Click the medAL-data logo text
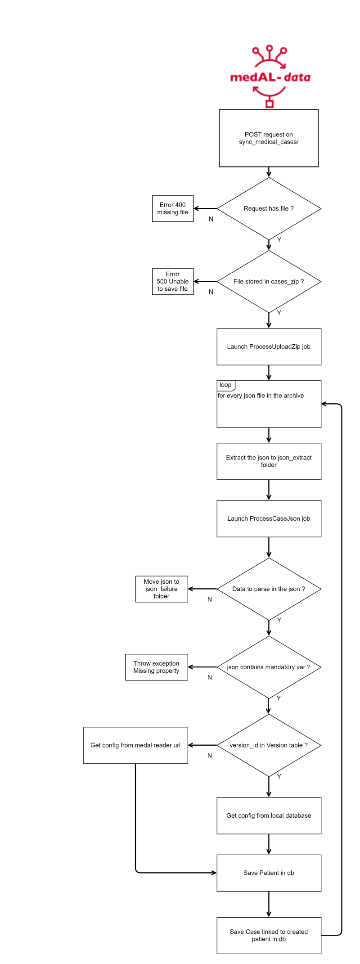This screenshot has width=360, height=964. (x=270, y=77)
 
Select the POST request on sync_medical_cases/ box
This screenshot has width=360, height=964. (x=269, y=138)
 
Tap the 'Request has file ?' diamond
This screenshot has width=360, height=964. (x=269, y=208)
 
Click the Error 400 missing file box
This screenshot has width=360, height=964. (x=173, y=208)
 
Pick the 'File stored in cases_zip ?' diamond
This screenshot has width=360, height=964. (x=269, y=281)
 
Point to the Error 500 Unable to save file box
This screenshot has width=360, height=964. (x=173, y=282)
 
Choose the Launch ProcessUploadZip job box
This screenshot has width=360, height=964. (x=269, y=347)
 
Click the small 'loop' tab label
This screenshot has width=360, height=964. (x=225, y=385)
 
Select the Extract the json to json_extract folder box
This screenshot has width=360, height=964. (x=269, y=461)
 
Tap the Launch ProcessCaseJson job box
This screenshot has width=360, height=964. (x=269, y=518)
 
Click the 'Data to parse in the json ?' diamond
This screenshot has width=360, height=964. (x=269, y=589)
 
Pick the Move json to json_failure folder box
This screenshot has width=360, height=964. (x=162, y=589)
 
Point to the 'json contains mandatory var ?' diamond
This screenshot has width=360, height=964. (x=269, y=667)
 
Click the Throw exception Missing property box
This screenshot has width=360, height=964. (x=156, y=667)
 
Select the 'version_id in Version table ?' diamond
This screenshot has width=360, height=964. (x=269, y=745)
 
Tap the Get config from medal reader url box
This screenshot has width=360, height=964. (x=135, y=745)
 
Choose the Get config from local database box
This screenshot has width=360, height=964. (x=269, y=815)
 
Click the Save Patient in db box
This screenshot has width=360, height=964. (x=269, y=873)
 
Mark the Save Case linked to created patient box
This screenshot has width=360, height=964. (x=269, y=935)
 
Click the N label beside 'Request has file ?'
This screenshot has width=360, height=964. (x=211, y=219)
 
